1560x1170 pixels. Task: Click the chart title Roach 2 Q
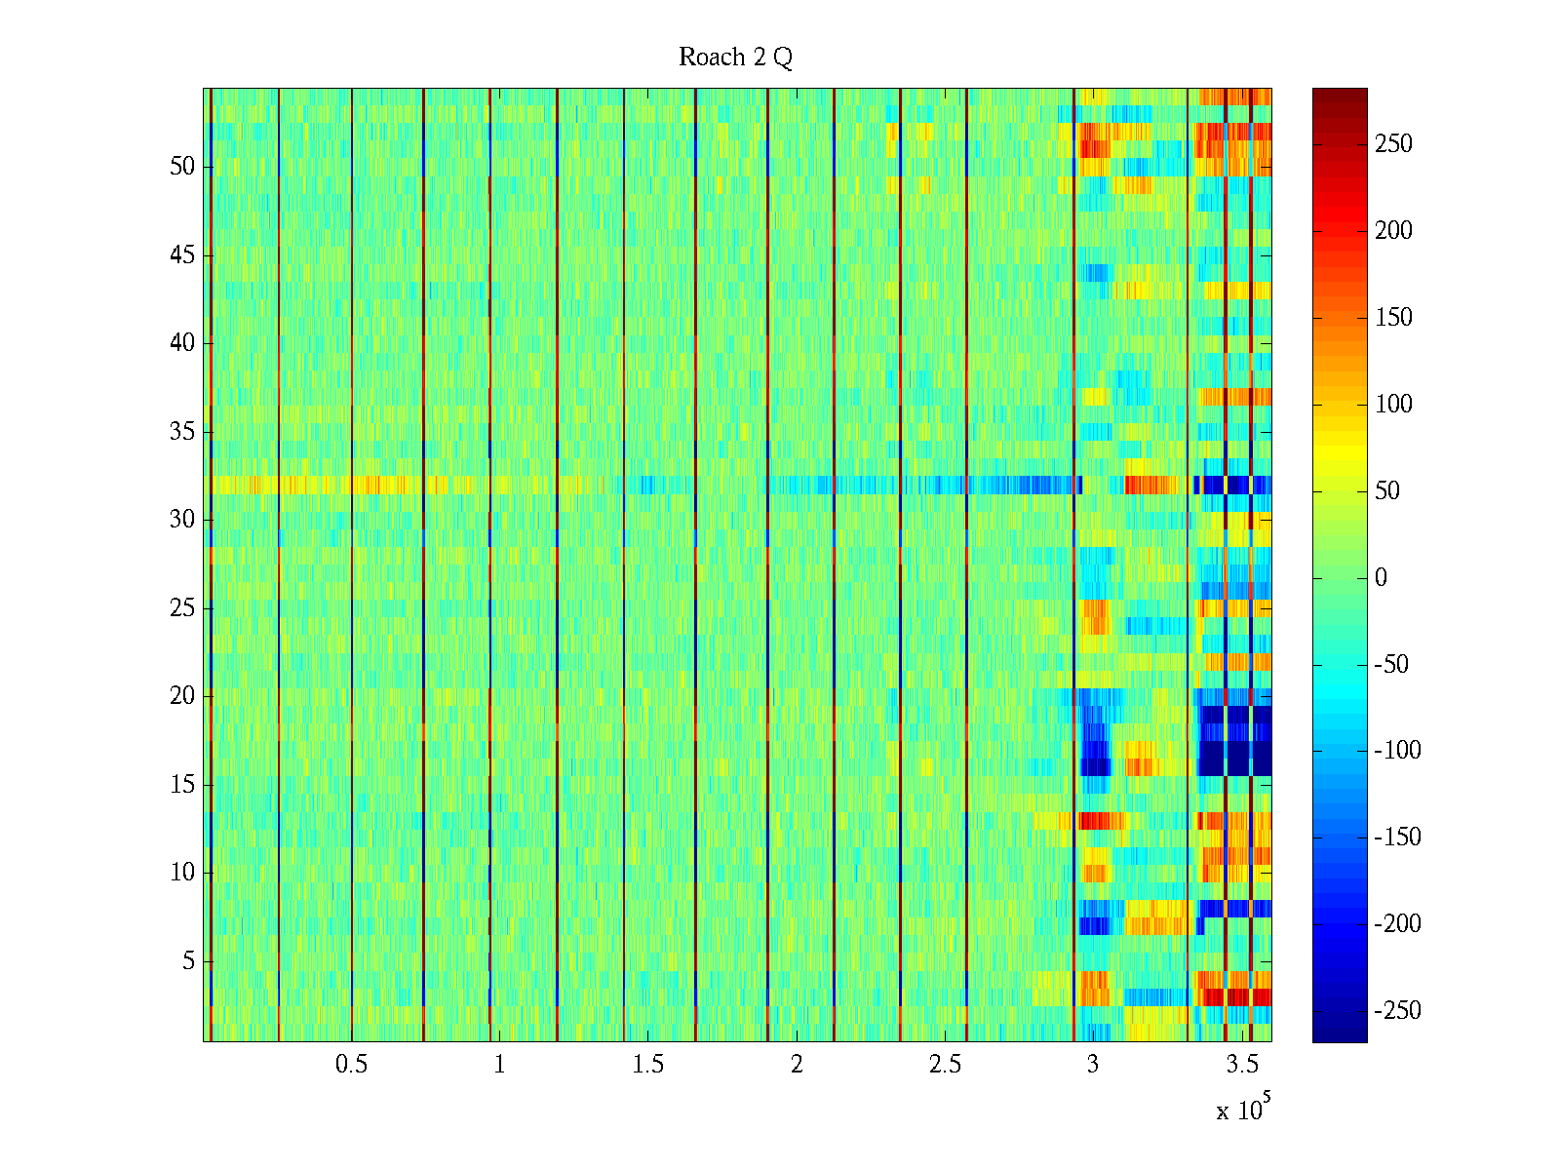click(x=735, y=58)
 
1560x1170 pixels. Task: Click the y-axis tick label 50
click(x=182, y=167)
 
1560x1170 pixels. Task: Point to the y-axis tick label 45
click(x=182, y=255)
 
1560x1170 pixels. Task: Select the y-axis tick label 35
click(x=182, y=432)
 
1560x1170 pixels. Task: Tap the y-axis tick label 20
click(x=182, y=696)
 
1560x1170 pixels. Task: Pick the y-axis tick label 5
click(x=188, y=961)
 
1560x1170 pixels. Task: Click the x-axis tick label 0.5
click(x=351, y=1065)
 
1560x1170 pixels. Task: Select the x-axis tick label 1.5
click(x=648, y=1065)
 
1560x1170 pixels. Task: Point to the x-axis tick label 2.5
click(x=945, y=1065)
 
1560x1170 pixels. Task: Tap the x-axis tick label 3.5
click(x=1242, y=1065)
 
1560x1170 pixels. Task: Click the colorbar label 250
click(x=1393, y=144)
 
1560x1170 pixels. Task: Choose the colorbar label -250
click(x=1397, y=1010)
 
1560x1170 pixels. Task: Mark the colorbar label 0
click(x=1381, y=577)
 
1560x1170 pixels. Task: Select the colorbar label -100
click(x=1397, y=750)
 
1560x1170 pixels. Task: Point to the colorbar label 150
click(x=1393, y=318)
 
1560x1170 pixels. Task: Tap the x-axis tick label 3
click(x=1093, y=1065)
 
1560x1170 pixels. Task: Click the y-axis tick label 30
click(x=182, y=520)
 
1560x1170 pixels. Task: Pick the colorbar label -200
click(x=1397, y=923)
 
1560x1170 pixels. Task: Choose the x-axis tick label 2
click(x=797, y=1065)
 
